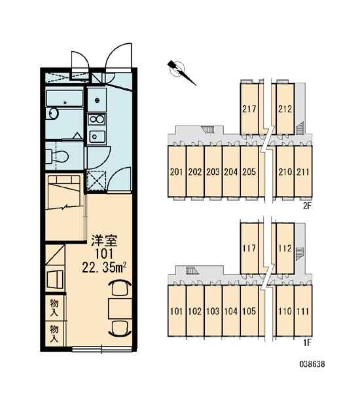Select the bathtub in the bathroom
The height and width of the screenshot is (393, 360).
[x=65, y=98]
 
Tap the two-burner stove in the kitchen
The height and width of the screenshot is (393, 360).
[x=96, y=119]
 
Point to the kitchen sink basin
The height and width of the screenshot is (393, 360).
[x=96, y=137]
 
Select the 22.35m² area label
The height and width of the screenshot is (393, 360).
[x=103, y=267]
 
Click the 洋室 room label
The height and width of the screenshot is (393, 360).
[x=103, y=241]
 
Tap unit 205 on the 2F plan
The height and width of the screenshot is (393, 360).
[x=249, y=172]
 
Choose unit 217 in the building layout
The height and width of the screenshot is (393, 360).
[x=249, y=109]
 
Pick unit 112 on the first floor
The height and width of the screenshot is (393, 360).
[x=285, y=248]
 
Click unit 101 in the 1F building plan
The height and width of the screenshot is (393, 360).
[x=177, y=311]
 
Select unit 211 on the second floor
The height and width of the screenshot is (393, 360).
[x=303, y=172]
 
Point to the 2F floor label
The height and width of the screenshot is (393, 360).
[x=307, y=206]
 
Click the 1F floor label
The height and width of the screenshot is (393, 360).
[x=307, y=343]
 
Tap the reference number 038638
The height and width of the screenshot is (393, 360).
[x=312, y=364]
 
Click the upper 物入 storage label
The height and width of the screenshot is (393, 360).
[x=54, y=308]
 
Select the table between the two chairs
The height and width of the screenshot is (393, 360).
[x=120, y=309]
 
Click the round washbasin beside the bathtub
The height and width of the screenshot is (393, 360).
[x=54, y=113]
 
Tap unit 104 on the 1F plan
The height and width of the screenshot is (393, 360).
[x=231, y=311]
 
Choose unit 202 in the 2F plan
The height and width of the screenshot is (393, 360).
[x=195, y=172]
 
